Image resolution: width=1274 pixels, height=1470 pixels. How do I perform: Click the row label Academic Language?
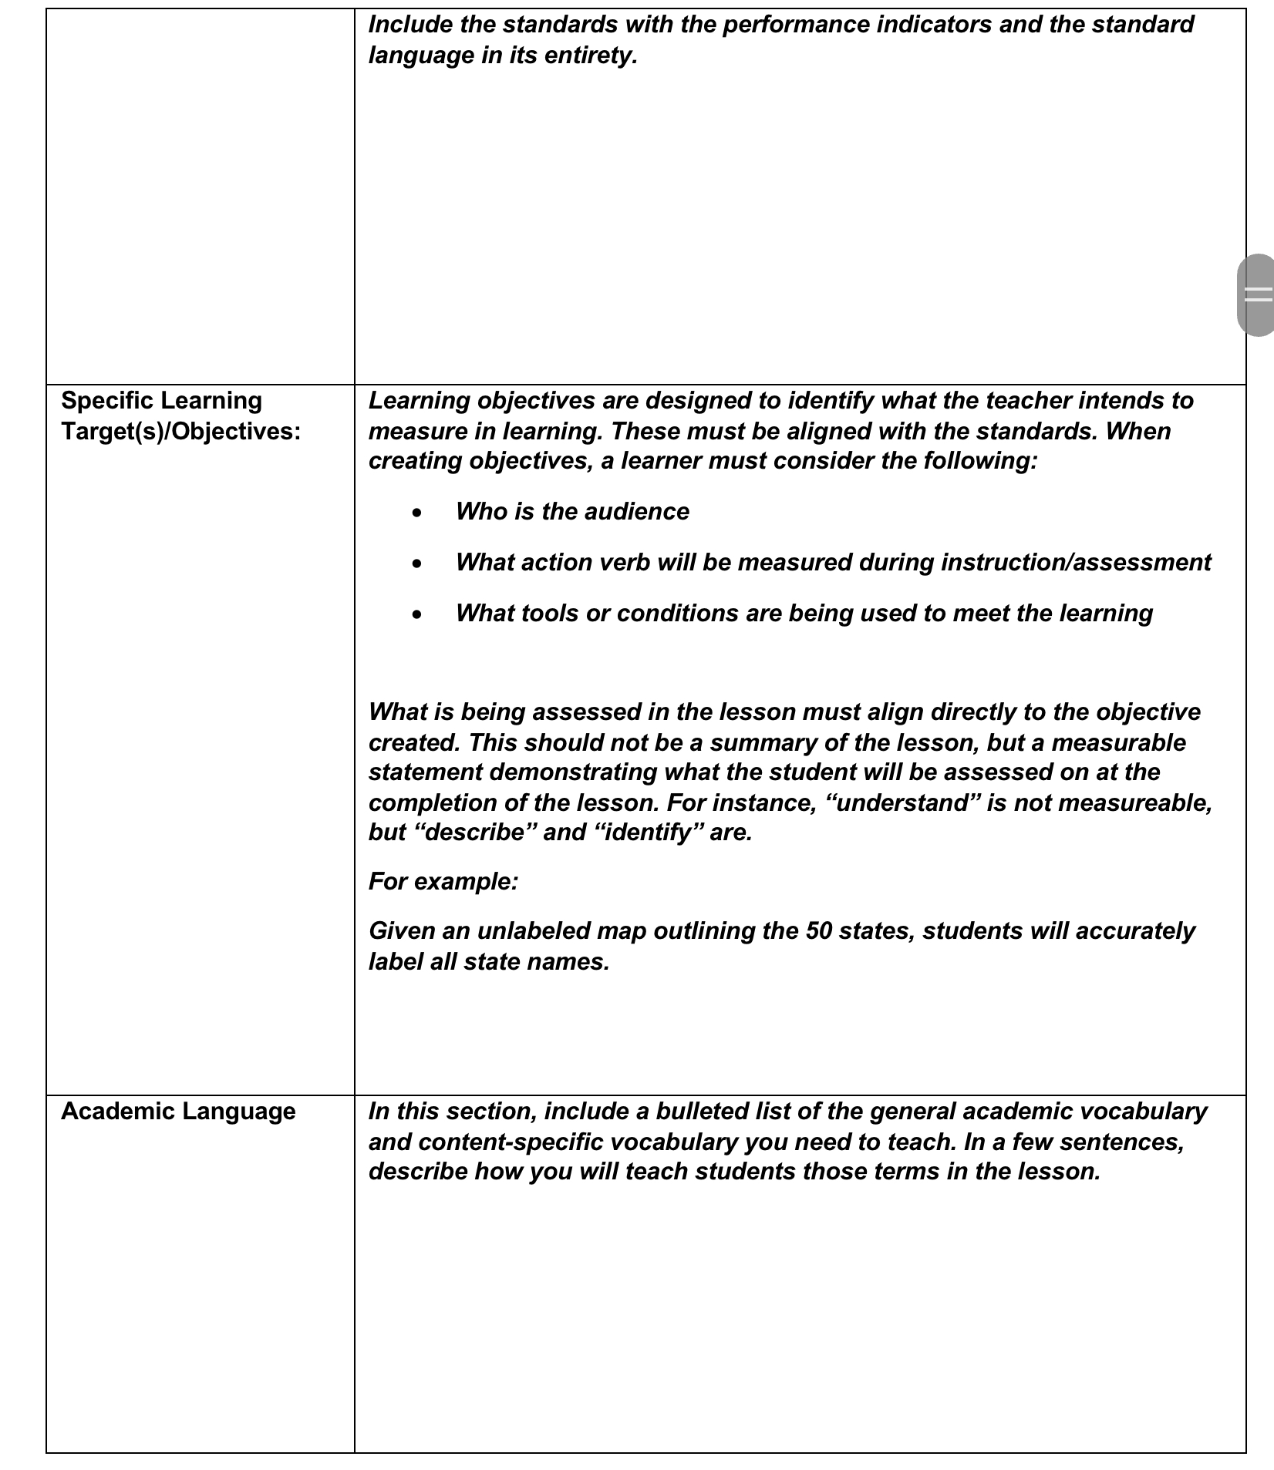178,1111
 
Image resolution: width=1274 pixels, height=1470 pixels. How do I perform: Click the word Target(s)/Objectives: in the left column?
180,431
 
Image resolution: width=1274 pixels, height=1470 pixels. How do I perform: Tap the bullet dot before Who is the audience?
417,513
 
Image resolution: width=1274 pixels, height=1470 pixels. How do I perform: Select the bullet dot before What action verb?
417,563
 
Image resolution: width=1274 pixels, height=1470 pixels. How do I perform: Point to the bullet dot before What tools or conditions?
417,614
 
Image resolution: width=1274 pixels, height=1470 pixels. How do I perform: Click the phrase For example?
443,881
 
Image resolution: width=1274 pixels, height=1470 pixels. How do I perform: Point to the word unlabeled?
534,930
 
